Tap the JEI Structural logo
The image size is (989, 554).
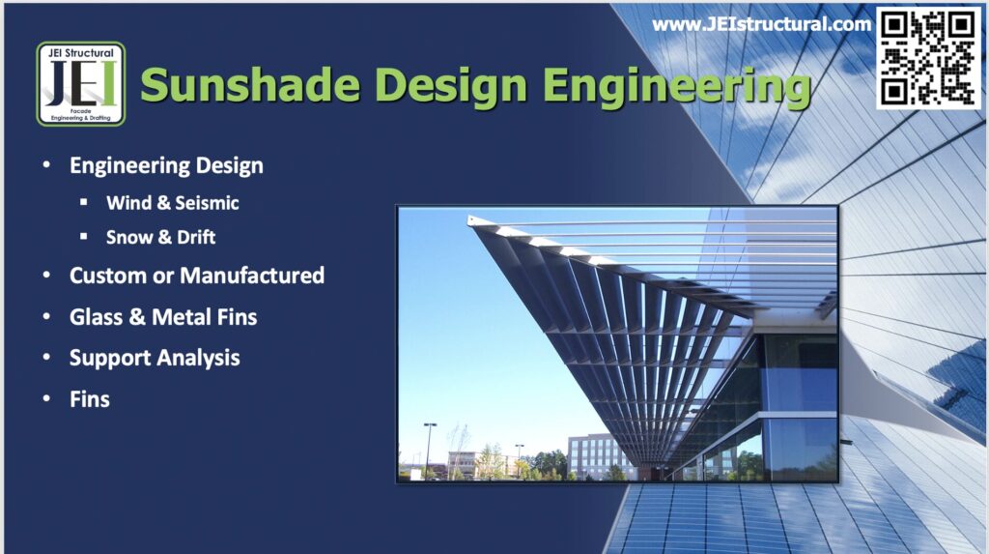point(81,84)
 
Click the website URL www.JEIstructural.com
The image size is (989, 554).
point(761,24)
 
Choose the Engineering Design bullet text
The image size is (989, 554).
point(166,165)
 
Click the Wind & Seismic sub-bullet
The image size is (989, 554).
point(173,203)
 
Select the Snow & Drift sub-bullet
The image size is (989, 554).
point(160,237)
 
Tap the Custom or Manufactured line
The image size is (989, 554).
point(197,276)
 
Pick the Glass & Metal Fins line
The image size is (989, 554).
point(163,316)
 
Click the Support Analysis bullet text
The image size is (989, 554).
point(155,358)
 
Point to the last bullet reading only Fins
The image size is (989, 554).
point(90,398)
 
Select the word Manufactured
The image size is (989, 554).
point(252,276)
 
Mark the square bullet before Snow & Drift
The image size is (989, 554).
point(84,236)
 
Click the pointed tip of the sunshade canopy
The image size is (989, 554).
point(472,220)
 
